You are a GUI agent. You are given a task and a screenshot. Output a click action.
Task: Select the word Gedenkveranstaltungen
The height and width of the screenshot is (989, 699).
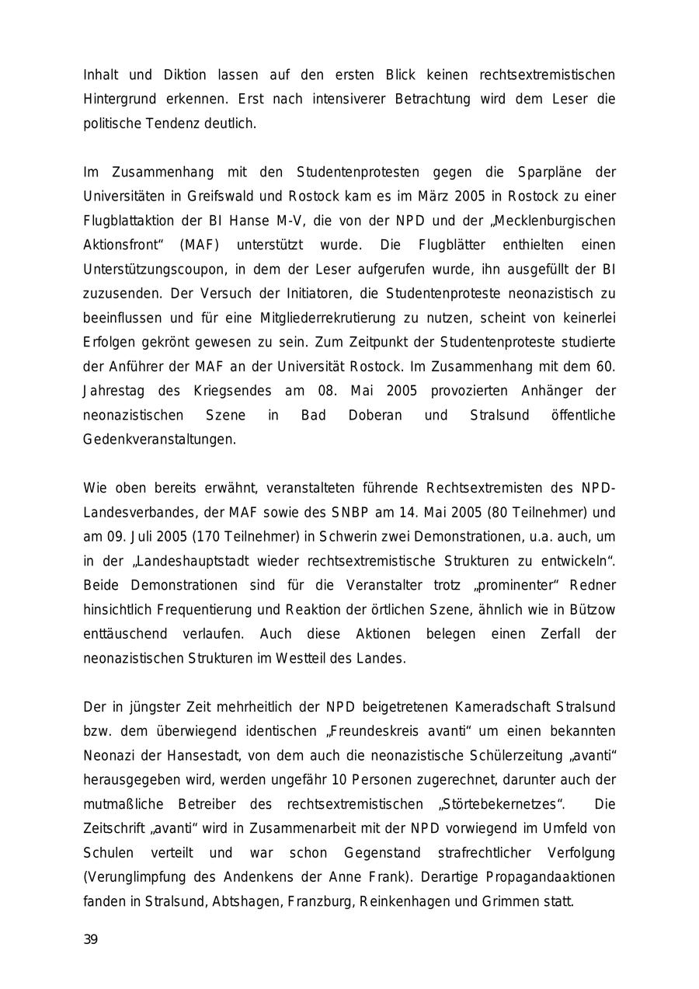coord(159,440)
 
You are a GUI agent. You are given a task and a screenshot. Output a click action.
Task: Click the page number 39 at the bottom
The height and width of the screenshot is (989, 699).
coord(91,940)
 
